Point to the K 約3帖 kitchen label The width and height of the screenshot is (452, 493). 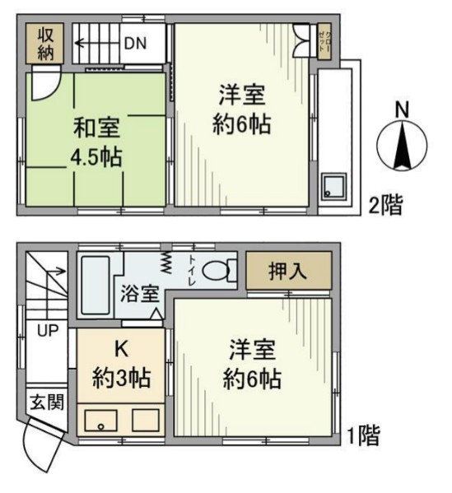[121, 364]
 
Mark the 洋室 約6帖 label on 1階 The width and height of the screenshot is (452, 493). [253, 363]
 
